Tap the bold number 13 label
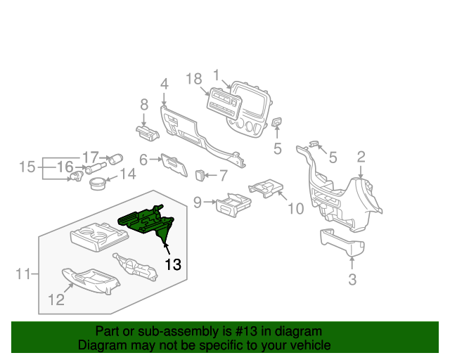point(173,264)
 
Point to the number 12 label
point(56,300)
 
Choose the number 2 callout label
point(361,157)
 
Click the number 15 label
point(27,167)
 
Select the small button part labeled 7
point(202,172)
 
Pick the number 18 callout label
point(194,79)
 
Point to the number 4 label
point(164,84)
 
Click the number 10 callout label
point(295,208)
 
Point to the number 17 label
point(91,157)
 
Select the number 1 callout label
point(217,74)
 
